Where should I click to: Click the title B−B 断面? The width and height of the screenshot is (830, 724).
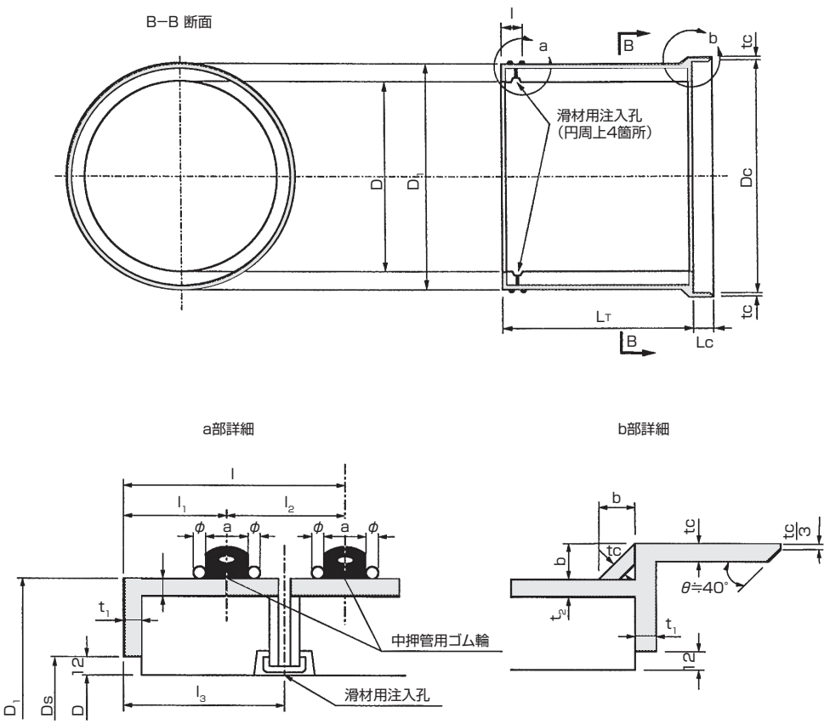179,24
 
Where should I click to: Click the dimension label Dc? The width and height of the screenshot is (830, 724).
746,179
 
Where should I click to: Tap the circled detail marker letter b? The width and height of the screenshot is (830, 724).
713,38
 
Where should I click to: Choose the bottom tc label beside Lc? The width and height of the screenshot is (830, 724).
747,313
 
